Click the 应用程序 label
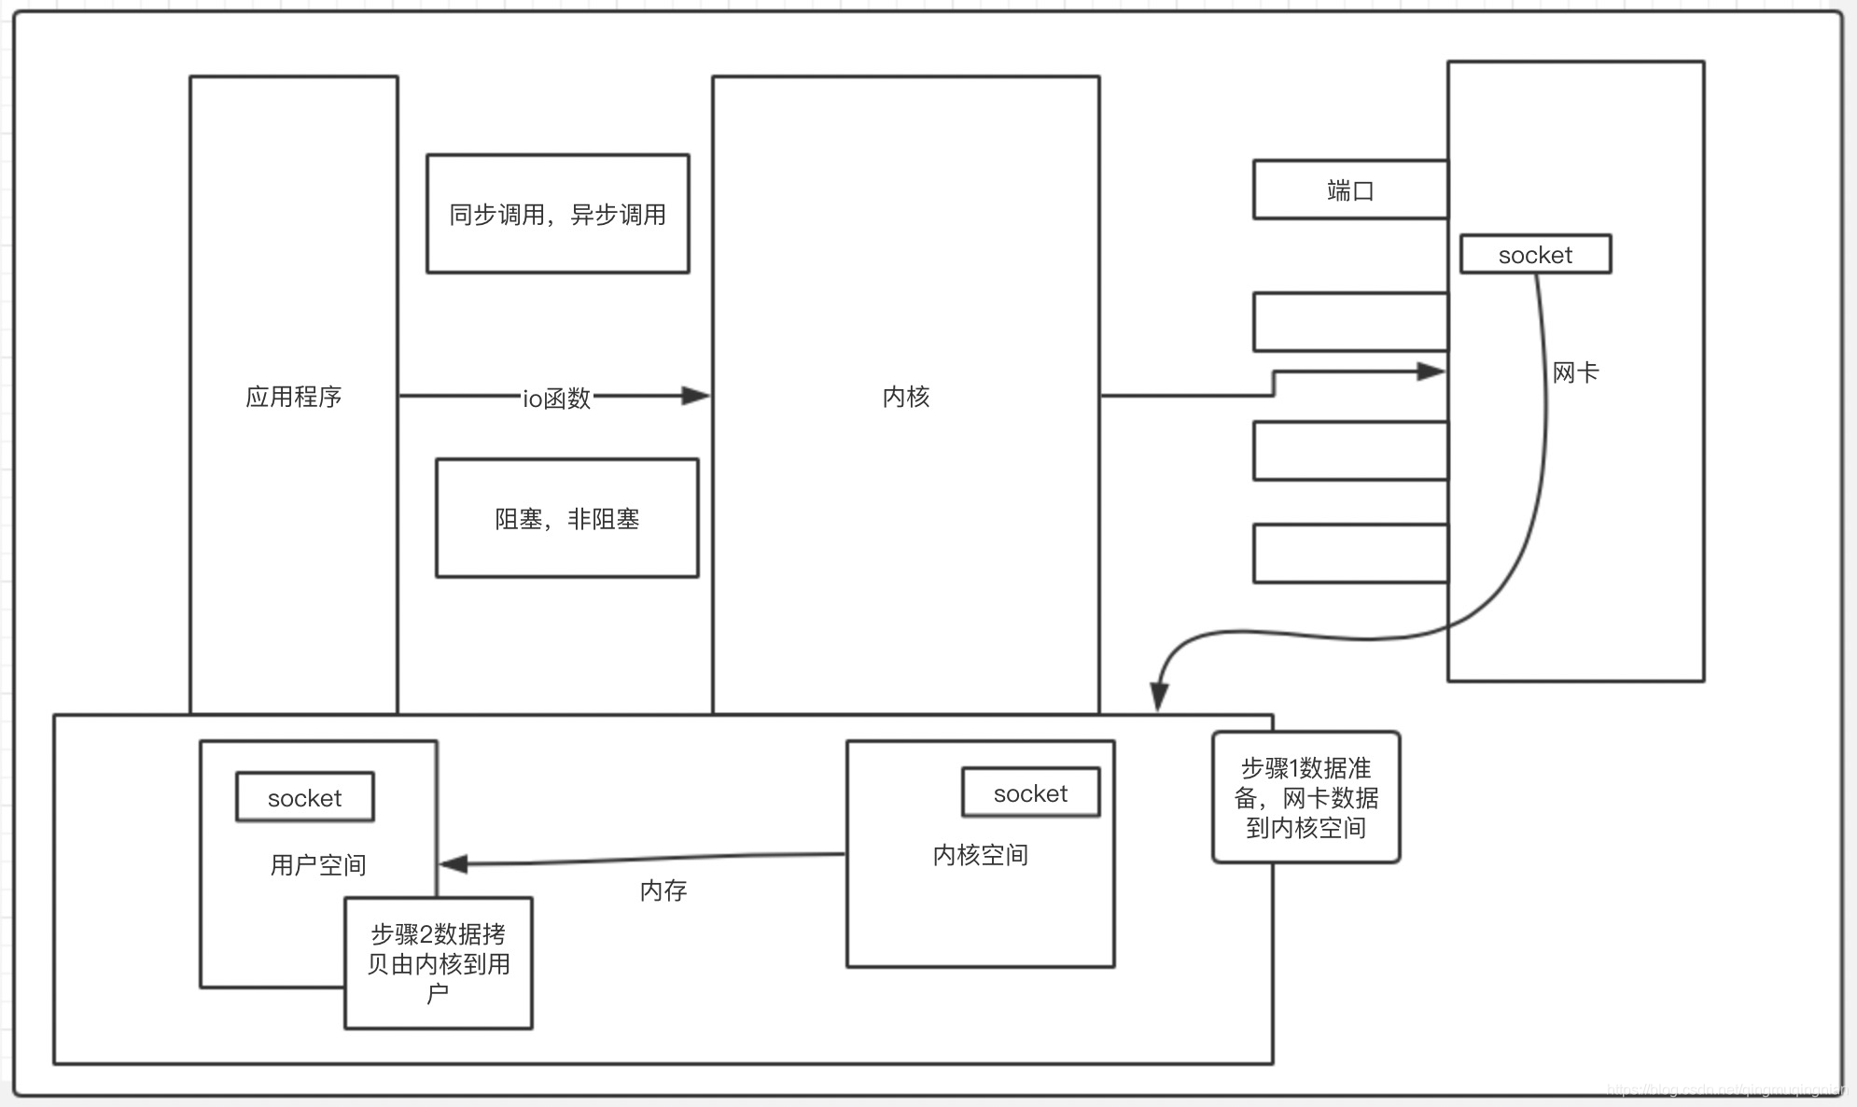click(x=293, y=397)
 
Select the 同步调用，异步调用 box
click(x=557, y=214)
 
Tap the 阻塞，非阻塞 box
click(x=566, y=518)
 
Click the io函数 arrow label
click(x=556, y=399)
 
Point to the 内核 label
click(x=905, y=397)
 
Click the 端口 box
click(x=1349, y=190)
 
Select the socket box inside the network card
click(x=1535, y=255)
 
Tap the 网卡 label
click(x=1575, y=373)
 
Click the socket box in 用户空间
click(x=304, y=797)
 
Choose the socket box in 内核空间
click(x=1030, y=793)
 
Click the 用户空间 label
click(x=317, y=865)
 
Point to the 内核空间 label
click(x=980, y=855)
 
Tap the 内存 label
click(x=663, y=890)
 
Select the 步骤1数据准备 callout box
click(x=1305, y=797)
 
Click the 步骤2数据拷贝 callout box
click(x=438, y=963)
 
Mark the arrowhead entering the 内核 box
click(x=696, y=396)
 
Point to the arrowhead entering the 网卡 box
click(x=1431, y=371)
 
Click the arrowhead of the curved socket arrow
click(x=1159, y=696)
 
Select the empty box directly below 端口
click(x=1349, y=322)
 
